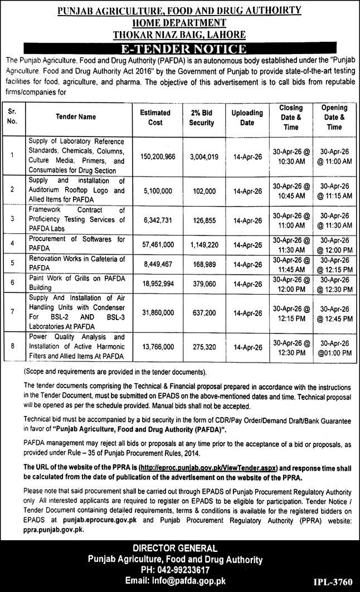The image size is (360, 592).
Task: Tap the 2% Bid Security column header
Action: point(201,117)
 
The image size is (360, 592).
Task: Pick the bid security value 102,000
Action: point(201,189)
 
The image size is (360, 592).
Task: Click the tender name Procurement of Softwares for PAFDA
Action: point(78,243)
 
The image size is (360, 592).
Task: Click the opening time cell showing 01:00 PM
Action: point(334,353)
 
